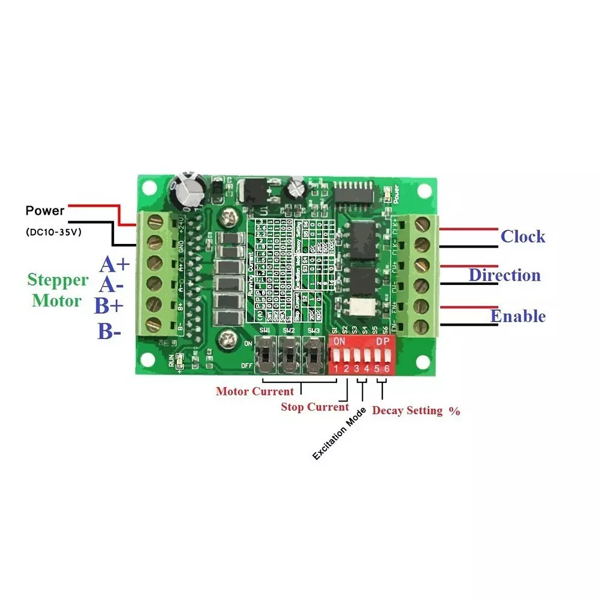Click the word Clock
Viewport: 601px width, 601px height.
[523, 236]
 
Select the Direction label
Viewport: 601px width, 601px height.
[505, 275]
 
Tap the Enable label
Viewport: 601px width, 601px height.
[517, 316]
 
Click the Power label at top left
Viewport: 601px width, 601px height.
[44, 211]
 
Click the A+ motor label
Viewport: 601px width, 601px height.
[115, 264]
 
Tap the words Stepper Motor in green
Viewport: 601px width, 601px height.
[58, 290]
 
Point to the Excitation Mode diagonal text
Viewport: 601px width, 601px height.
[340, 433]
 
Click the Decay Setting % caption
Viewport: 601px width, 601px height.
[416, 411]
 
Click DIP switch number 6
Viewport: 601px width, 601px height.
[386, 358]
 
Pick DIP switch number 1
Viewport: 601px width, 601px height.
[337, 358]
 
